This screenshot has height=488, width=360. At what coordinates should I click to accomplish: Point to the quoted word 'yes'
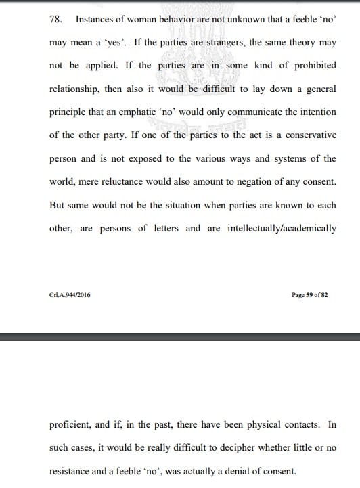(x=111, y=43)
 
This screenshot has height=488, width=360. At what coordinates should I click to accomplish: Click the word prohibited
(x=307, y=66)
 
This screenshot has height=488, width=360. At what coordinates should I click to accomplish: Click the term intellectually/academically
(x=279, y=228)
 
